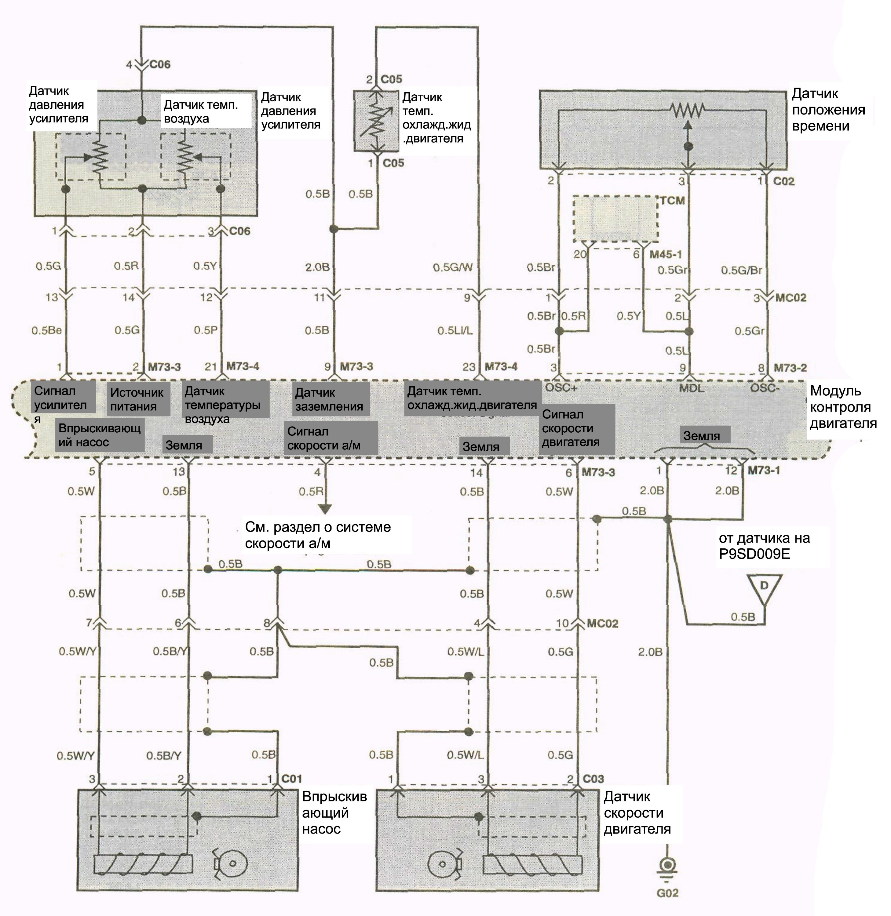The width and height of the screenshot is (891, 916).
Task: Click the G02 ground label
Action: click(x=667, y=893)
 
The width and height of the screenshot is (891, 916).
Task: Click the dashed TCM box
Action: click(x=615, y=219)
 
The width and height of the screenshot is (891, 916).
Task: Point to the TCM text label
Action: click(x=673, y=201)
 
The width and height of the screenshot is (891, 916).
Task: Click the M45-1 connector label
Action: click(x=666, y=255)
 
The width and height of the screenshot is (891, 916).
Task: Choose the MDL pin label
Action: click(x=691, y=388)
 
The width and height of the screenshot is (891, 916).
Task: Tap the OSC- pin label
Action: click(x=765, y=388)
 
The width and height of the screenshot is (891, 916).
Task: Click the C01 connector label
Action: click(x=291, y=779)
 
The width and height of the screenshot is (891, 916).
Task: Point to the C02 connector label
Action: click(x=784, y=181)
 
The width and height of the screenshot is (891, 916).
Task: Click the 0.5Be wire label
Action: click(x=47, y=330)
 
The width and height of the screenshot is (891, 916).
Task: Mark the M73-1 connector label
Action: click(x=764, y=470)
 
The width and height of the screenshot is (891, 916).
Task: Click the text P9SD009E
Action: click(x=754, y=554)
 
